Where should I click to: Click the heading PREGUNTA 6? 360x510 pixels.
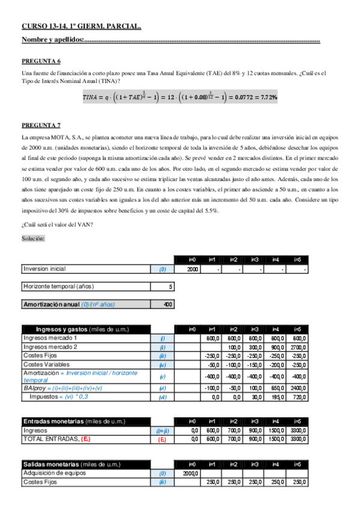click(x=41, y=61)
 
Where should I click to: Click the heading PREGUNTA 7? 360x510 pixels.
click(x=41, y=125)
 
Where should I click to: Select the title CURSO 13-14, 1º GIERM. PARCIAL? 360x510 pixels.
click(x=82, y=26)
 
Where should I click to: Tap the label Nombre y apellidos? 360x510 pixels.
click(x=52, y=40)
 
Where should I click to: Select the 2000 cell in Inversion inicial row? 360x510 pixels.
click(x=192, y=269)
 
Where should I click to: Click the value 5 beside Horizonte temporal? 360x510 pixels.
click(x=171, y=286)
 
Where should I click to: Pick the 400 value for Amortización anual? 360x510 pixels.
click(x=168, y=304)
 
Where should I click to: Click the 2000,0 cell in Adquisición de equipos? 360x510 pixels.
click(x=192, y=474)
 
